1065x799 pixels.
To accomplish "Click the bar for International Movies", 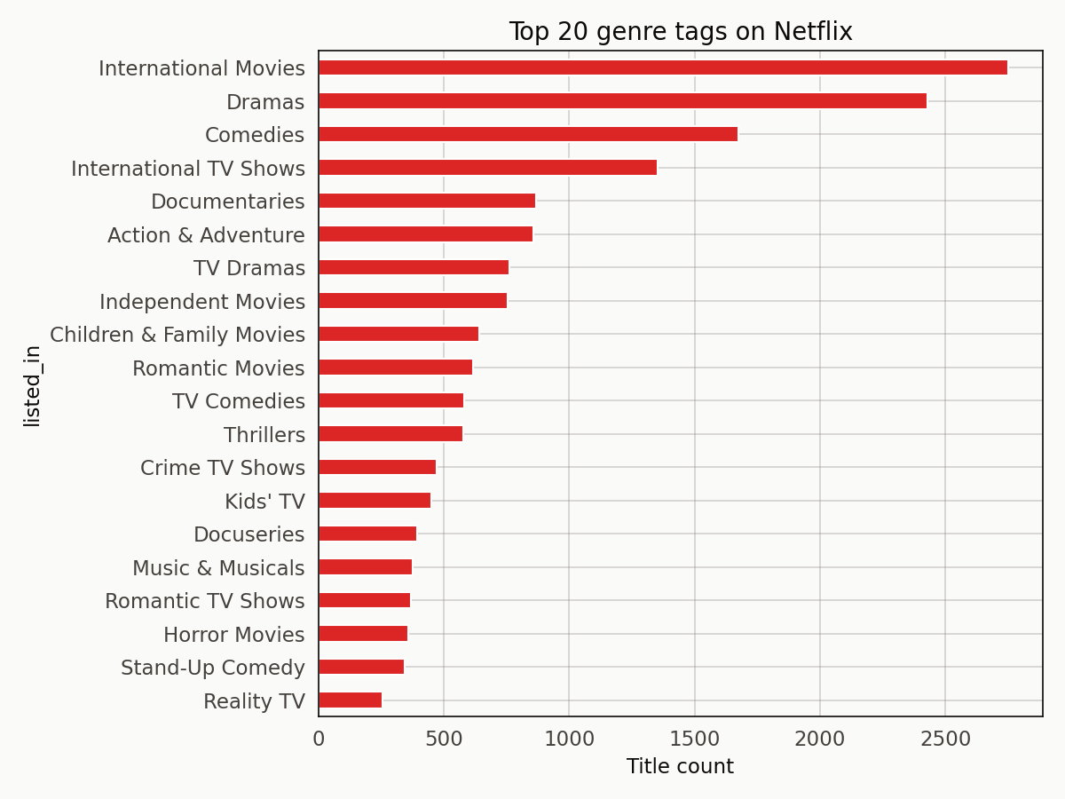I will coord(662,67).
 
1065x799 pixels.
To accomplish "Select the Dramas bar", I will coord(622,101).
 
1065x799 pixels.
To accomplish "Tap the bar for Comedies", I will coord(527,134).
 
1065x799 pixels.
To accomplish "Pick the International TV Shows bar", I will coord(487,168).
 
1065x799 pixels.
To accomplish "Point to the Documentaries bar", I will coord(426,201).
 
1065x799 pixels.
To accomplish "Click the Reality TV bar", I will coord(350,700).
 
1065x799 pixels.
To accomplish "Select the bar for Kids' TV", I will coord(374,501).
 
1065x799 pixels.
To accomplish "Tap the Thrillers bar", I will coord(390,434).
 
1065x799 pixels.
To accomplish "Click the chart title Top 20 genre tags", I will coord(680,32).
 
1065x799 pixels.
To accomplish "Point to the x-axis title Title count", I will coord(680,766).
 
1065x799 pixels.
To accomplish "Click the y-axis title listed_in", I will coord(32,385).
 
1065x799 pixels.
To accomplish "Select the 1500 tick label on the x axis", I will coord(694,739).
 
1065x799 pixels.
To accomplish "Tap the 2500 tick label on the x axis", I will coord(944,739).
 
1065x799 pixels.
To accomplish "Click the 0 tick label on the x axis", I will coord(319,739).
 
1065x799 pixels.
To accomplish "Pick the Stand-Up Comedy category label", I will coord(213,668).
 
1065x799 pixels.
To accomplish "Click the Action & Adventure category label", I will coord(206,235).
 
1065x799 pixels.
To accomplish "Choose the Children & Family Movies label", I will coord(177,335).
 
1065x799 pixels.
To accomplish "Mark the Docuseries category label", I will coord(248,534).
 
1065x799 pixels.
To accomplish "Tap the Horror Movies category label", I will coord(233,635).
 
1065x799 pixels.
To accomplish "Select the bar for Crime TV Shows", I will coord(376,467).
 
